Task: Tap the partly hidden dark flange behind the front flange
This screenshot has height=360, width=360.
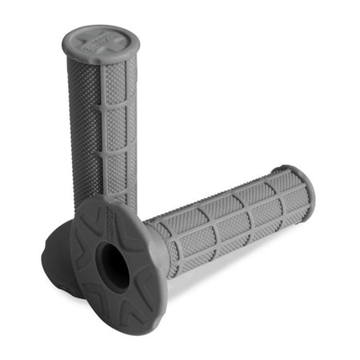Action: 58,256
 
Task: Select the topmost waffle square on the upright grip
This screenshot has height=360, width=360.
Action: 114,83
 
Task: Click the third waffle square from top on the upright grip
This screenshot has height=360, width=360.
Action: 117,164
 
